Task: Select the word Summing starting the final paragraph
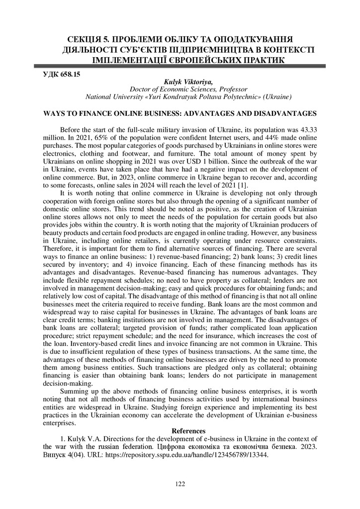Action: click(x=74, y=392)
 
